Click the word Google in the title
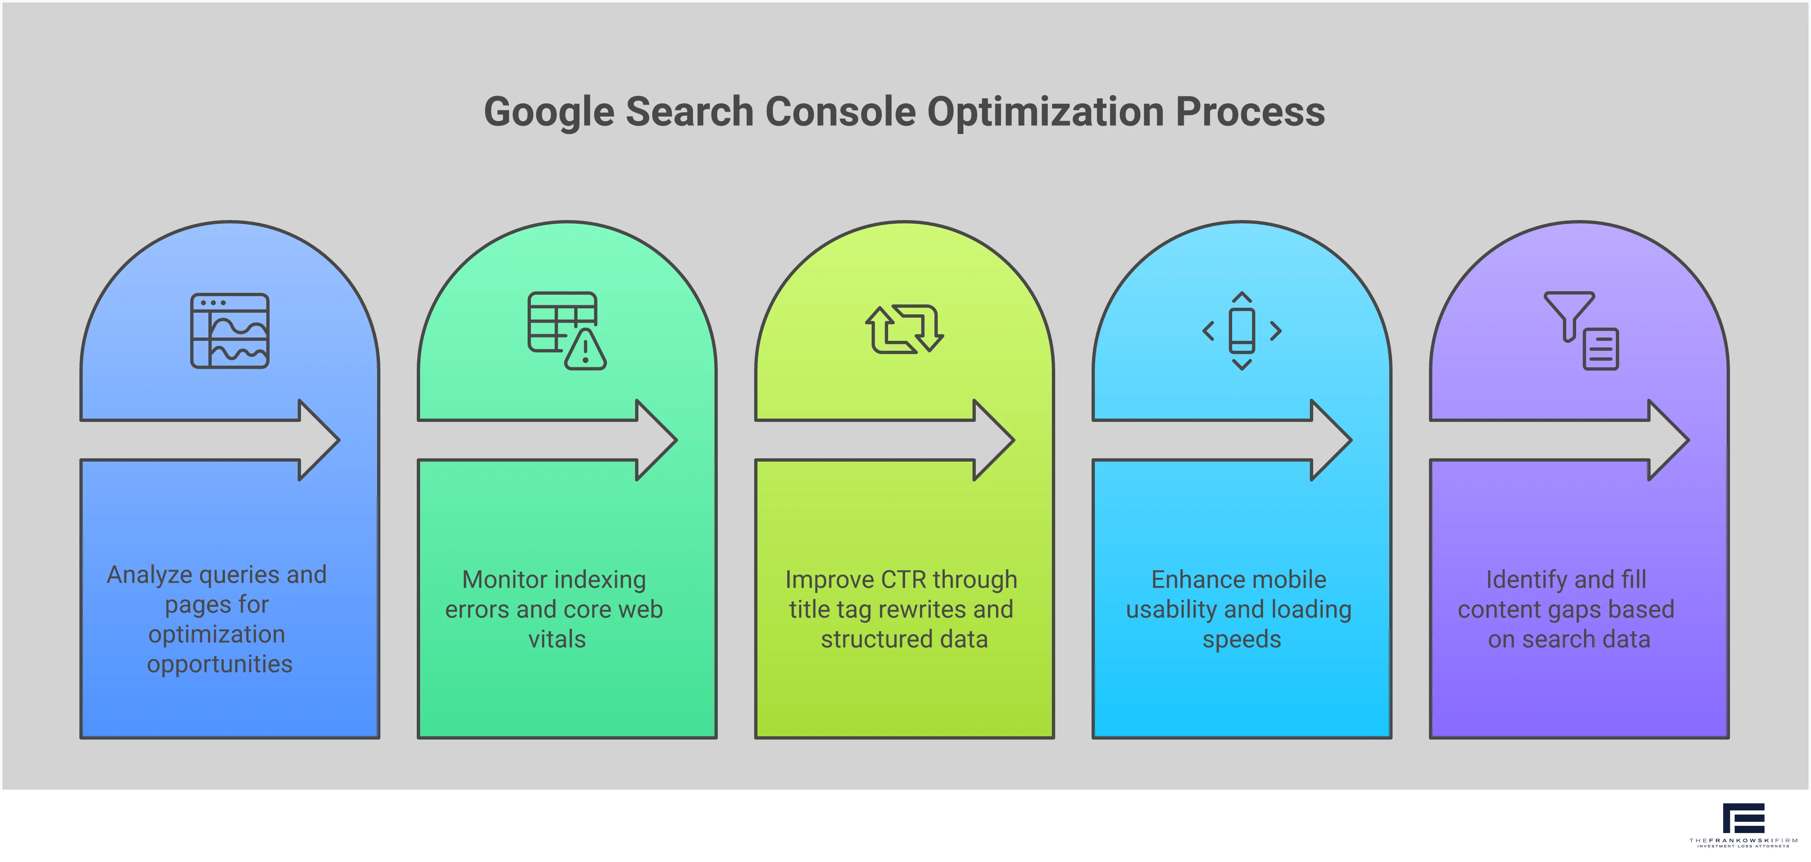coord(549,113)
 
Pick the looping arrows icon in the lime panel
coord(904,329)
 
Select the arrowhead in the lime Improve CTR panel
coord(994,440)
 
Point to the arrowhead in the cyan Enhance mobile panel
coord(1331,440)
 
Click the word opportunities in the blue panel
coord(219,664)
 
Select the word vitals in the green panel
coord(557,639)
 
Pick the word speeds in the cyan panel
coord(1242,639)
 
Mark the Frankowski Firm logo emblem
coord(1744,819)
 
